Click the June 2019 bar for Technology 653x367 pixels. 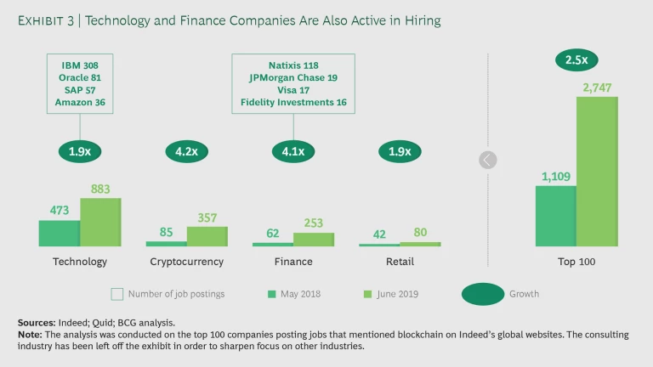click(x=100, y=223)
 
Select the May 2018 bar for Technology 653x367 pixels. click(x=60, y=234)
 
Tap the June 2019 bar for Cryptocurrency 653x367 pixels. click(x=207, y=236)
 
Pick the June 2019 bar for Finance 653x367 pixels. click(x=314, y=240)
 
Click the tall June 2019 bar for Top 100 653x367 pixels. click(x=598, y=171)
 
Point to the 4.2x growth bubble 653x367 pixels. click(x=186, y=152)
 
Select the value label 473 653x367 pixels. click(x=60, y=211)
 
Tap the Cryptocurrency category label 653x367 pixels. click(x=186, y=262)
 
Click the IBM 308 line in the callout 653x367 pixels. click(x=80, y=64)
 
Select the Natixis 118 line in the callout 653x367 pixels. click(x=293, y=64)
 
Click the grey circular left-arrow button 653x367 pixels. click(x=488, y=160)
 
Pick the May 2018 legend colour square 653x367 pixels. click(x=272, y=295)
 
